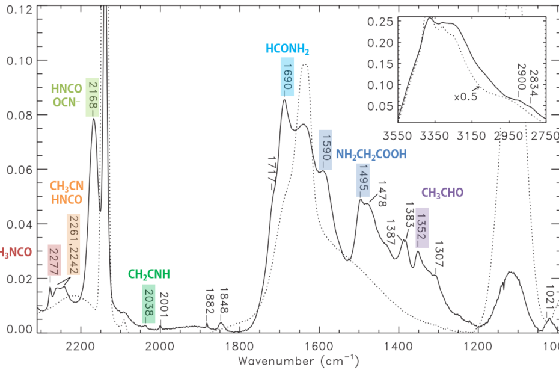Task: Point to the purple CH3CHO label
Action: click(x=442, y=193)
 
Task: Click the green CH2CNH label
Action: click(x=149, y=274)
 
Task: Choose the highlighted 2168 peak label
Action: click(x=93, y=97)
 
